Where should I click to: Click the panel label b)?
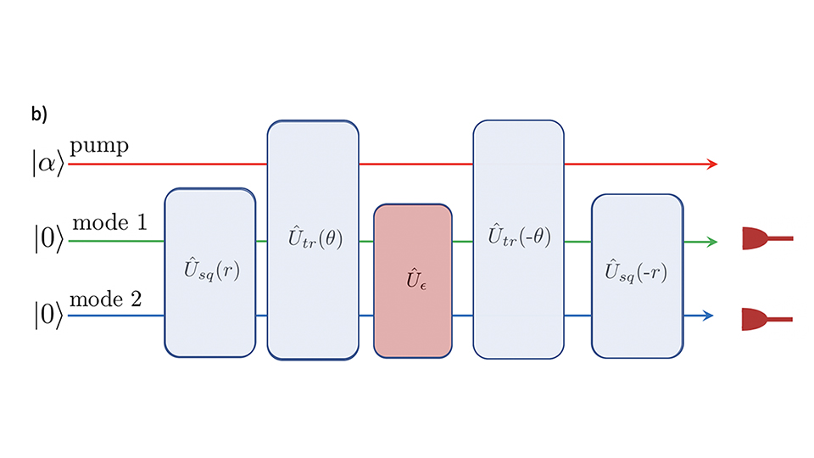(x=39, y=116)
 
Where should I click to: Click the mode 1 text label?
(x=111, y=223)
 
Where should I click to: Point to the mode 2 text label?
(x=111, y=299)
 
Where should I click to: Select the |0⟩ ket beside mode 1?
(x=47, y=242)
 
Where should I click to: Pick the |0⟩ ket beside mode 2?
(x=47, y=316)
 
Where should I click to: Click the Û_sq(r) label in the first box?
(x=209, y=271)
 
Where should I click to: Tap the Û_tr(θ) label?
(x=313, y=238)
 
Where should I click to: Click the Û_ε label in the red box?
(x=412, y=279)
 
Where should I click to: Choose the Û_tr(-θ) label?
(x=519, y=237)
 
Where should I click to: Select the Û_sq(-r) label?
(x=636, y=271)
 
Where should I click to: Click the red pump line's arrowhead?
(x=712, y=164)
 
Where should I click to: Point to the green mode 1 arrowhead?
(x=712, y=242)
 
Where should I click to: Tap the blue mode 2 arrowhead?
(x=709, y=316)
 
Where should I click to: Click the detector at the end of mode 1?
(x=758, y=239)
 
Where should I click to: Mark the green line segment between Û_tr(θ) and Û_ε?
(x=366, y=242)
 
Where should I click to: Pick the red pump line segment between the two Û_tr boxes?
(x=415, y=164)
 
